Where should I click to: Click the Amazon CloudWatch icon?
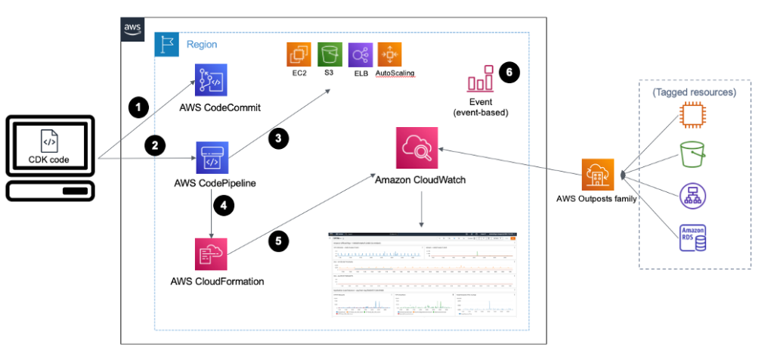coord(418,147)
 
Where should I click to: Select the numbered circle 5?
coord(279,241)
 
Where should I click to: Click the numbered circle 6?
coord(510,73)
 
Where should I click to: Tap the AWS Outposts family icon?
coord(597,175)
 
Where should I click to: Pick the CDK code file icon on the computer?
coord(48,141)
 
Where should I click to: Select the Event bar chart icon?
coord(481,79)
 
